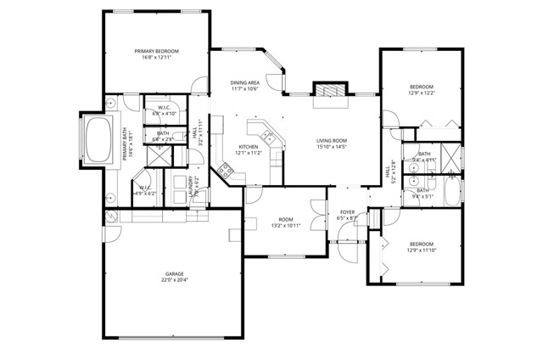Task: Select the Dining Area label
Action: click(245, 85)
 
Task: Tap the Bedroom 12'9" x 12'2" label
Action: click(422, 89)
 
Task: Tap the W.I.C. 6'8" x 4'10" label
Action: click(165, 110)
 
